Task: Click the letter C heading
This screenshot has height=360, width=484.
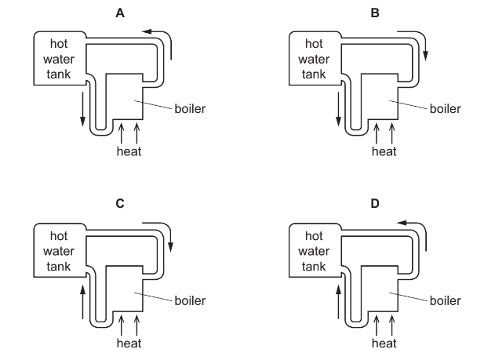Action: coord(120,203)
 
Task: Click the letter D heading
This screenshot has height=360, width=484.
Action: coord(375,203)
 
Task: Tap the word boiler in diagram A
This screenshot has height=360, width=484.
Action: coord(189,108)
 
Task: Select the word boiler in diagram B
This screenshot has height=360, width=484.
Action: coord(445,108)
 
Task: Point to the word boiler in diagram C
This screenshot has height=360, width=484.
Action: coord(189,300)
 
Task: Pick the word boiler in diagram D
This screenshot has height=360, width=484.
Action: coord(445,300)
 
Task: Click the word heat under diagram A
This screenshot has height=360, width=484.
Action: coord(129,151)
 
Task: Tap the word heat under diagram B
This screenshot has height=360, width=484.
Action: coord(384,151)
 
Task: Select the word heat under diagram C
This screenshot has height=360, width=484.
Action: coord(129,343)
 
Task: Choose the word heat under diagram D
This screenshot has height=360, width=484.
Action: coord(384,343)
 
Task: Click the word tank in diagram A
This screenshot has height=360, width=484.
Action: coord(59,74)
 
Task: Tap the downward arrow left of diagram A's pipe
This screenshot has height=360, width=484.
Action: coord(82,110)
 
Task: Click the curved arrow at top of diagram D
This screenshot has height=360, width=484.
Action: coord(416,228)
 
